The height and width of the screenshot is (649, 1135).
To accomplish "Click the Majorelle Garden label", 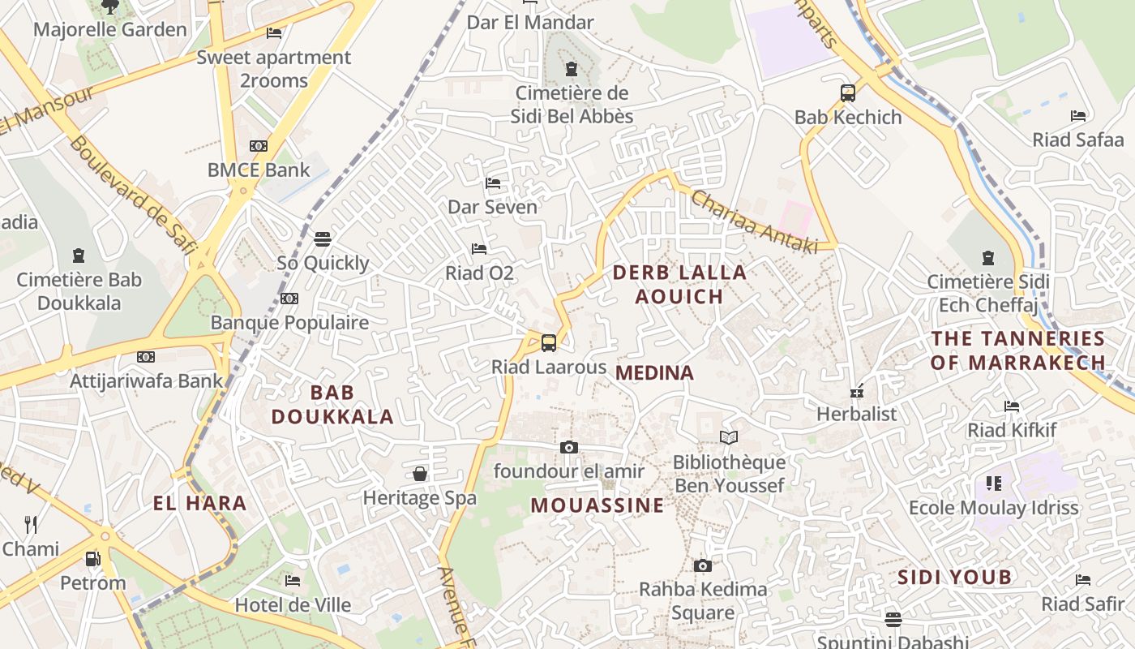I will click(109, 30).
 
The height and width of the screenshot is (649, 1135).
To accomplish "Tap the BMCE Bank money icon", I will click(259, 146).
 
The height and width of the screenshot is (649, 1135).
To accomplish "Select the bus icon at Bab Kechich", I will click(848, 92).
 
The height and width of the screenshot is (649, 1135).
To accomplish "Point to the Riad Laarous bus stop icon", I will click(549, 342).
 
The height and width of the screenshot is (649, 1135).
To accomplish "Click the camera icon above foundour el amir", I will click(569, 447).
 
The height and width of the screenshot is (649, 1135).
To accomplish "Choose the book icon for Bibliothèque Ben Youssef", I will click(729, 438).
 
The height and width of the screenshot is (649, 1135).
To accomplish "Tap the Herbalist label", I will click(856, 414).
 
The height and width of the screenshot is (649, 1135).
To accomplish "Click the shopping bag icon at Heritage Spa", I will click(420, 473).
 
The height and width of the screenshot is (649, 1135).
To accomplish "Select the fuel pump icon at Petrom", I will click(93, 559).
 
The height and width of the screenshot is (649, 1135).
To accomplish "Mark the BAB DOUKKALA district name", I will click(332, 405).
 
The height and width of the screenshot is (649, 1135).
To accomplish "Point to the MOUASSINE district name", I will click(597, 505).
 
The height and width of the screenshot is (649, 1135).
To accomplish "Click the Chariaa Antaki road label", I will click(754, 221).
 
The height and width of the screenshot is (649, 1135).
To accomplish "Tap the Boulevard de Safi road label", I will click(134, 195).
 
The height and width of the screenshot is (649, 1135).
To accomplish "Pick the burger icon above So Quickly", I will click(323, 239).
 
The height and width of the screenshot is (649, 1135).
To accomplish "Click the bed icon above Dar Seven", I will click(493, 183).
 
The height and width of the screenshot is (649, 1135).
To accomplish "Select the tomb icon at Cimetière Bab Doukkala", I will click(79, 256).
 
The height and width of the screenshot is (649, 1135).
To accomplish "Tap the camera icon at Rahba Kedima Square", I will click(703, 565).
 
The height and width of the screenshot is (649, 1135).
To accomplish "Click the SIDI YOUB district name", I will click(955, 578).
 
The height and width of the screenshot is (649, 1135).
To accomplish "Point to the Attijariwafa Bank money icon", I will click(146, 356).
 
